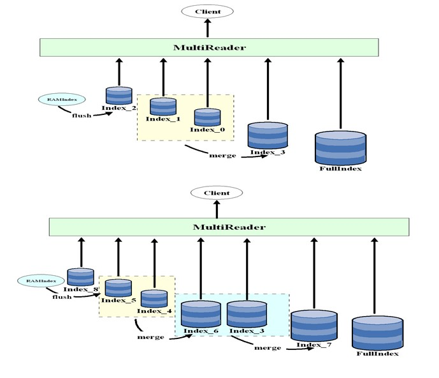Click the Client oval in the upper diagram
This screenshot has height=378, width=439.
208,11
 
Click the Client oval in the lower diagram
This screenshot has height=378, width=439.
217,193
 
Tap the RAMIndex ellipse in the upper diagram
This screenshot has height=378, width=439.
62,100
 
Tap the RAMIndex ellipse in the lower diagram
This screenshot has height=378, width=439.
41,281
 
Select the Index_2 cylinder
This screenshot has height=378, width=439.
119,96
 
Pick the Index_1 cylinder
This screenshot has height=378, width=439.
163,107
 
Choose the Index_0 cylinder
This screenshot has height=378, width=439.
208,117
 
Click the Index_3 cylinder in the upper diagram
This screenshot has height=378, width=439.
268,135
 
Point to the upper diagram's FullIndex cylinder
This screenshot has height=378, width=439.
340,148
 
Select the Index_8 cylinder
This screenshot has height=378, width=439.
81,277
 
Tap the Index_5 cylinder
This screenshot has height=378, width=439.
119,288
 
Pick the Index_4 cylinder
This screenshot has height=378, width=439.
154,299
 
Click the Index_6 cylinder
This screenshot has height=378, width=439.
201,314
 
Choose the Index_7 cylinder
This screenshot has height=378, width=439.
314,326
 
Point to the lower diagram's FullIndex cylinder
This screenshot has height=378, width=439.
377,333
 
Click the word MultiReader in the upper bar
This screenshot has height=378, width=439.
210,47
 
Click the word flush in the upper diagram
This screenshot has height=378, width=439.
82,116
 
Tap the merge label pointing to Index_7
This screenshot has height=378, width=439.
268,348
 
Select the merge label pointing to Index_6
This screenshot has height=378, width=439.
150,337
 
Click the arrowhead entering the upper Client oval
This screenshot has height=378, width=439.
208,21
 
